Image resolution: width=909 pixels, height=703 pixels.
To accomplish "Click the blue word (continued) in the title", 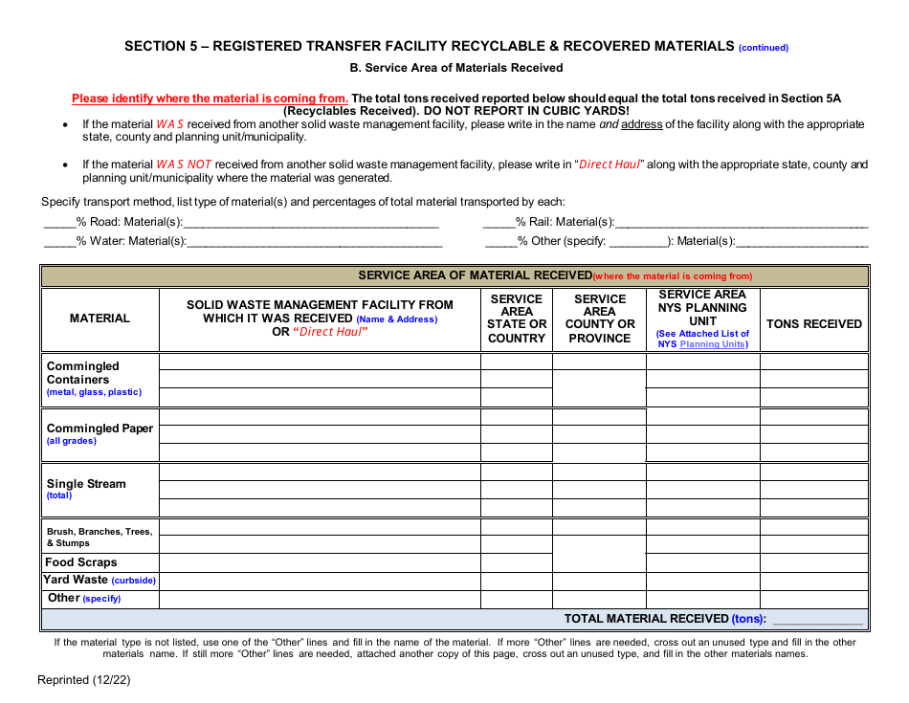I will [x=763, y=48].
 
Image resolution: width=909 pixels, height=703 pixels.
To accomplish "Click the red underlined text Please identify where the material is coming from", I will [x=210, y=99].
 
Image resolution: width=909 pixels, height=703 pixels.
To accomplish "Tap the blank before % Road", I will [x=59, y=223].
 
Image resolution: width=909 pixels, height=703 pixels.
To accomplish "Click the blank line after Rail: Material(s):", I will [x=742, y=223].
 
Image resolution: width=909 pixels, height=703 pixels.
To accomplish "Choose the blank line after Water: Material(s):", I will [x=313, y=242].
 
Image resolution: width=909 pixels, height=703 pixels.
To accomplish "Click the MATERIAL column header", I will [x=100, y=319].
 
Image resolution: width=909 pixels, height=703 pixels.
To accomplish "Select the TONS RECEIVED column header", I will [x=814, y=324].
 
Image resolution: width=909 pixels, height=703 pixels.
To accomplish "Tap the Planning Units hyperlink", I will [x=714, y=344].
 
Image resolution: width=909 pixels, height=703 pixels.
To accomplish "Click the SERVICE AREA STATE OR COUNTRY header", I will [x=517, y=319].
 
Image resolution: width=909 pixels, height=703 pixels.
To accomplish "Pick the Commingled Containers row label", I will [x=83, y=373].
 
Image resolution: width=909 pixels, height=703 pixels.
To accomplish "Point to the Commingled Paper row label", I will [x=100, y=428].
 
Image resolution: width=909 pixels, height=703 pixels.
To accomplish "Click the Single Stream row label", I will [x=86, y=484].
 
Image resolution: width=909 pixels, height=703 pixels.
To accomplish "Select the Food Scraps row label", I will [x=81, y=562].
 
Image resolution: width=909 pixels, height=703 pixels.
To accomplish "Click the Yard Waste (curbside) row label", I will [x=100, y=580].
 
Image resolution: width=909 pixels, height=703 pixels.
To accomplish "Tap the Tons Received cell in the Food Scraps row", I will [x=814, y=562].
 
